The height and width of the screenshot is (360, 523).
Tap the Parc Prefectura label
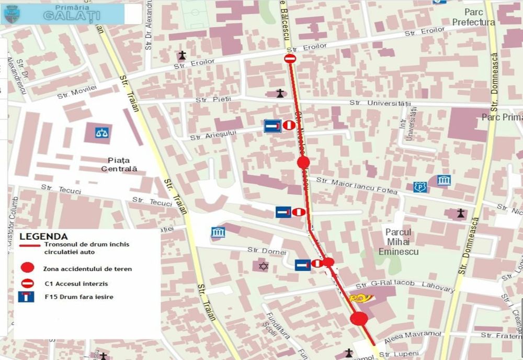point(473,17)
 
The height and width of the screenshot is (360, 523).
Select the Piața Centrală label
point(119,164)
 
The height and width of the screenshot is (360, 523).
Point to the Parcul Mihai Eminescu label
point(399,241)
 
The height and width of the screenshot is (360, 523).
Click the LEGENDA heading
point(43,237)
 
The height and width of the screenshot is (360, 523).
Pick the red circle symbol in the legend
point(28,268)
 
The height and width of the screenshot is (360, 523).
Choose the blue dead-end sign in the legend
point(26,297)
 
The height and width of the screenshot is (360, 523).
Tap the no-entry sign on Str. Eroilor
point(290,59)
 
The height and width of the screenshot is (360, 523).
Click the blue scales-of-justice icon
point(103,132)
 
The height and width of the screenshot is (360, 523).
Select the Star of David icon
point(264,266)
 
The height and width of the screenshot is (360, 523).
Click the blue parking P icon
point(418,187)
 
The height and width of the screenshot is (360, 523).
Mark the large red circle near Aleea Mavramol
point(359,319)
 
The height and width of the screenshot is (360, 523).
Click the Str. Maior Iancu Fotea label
point(357,186)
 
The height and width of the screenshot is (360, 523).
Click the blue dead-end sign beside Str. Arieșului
point(272,126)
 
